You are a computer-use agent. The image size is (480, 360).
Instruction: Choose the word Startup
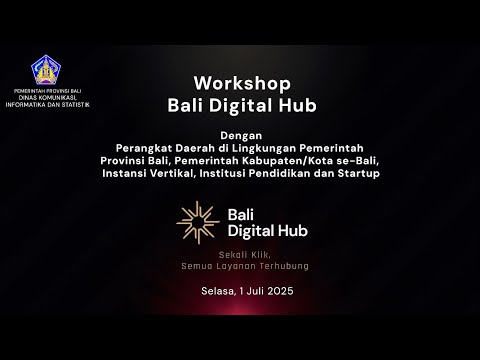point(358,174)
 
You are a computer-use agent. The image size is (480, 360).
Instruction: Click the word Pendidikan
point(288,174)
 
